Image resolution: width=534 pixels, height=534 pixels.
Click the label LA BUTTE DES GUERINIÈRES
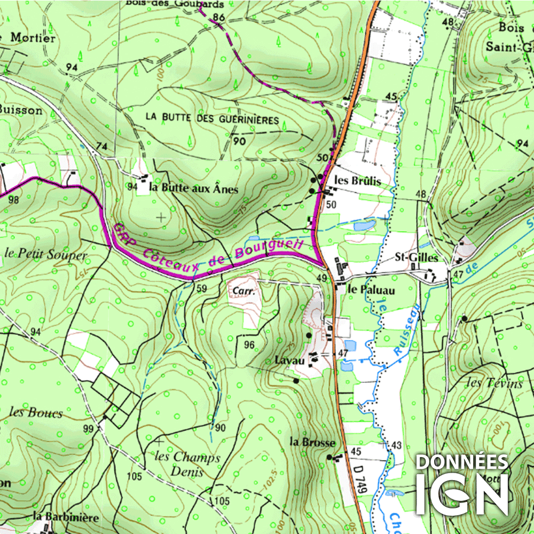click(212, 120)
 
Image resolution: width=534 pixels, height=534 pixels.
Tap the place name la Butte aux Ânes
click(193, 188)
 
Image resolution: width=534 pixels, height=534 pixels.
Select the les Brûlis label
click(357, 181)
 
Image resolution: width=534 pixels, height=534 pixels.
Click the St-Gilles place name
click(416, 258)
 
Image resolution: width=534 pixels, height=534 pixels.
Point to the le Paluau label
click(371, 290)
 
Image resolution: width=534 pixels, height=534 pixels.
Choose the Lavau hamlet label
click(289, 360)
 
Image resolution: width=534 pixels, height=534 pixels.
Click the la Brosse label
click(312, 442)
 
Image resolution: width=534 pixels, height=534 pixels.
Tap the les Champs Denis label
click(187, 464)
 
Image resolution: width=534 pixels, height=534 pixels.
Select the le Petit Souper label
click(45, 255)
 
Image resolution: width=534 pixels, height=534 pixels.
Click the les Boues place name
click(36, 413)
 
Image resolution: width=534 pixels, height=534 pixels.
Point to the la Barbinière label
click(66, 517)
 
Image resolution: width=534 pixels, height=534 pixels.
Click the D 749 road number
click(361, 479)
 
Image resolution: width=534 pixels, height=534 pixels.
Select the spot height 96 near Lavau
click(249, 345)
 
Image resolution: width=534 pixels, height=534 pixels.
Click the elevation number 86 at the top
click(218, 18)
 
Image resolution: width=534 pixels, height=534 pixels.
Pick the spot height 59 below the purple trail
click(201, 289)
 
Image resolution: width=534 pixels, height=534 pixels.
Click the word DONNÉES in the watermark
click(462, 462)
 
